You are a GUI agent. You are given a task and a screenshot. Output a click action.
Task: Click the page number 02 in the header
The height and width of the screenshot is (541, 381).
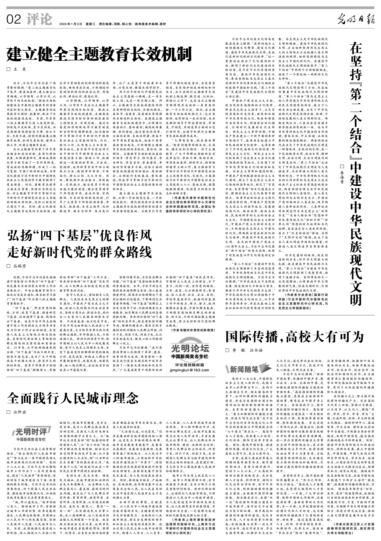(14, 20)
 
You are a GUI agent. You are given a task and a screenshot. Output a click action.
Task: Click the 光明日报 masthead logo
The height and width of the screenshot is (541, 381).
(356, 20)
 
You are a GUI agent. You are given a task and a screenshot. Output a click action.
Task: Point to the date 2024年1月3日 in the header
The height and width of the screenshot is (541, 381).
(71, 24)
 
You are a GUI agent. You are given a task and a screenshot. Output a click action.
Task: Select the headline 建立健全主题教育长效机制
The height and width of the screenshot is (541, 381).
(100, 54)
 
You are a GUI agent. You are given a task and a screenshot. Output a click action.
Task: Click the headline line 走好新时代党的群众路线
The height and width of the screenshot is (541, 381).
(80, 251)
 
